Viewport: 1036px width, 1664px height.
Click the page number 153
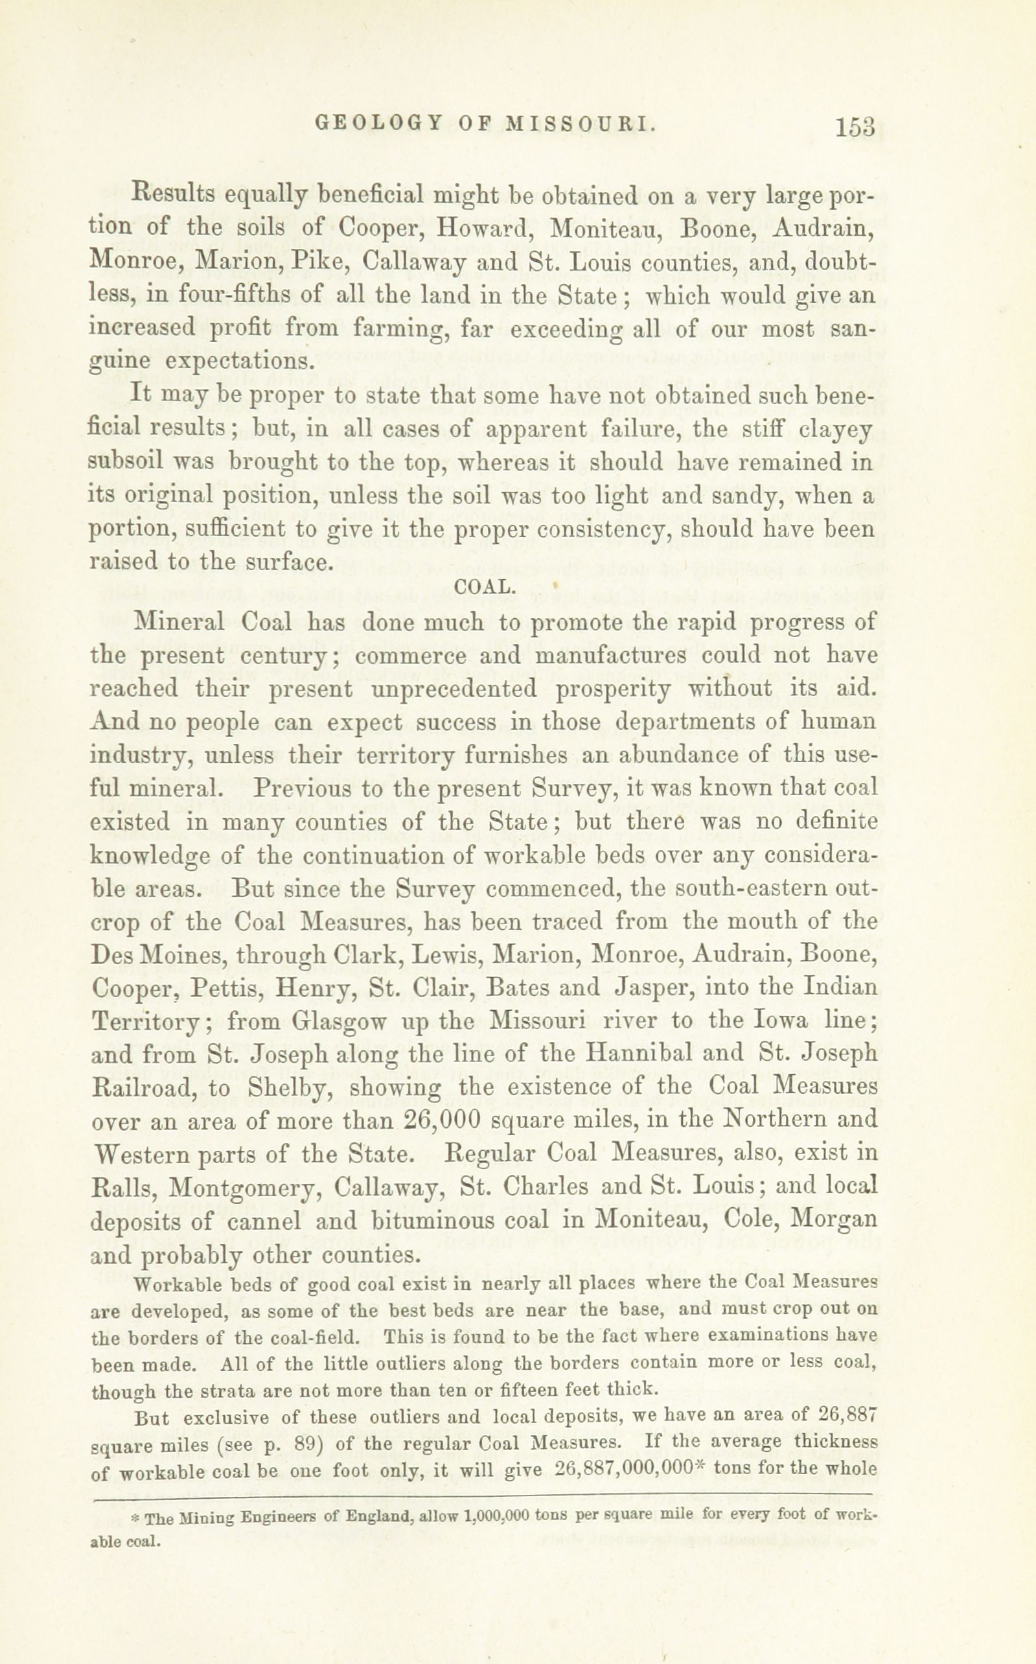coord(855,128)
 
